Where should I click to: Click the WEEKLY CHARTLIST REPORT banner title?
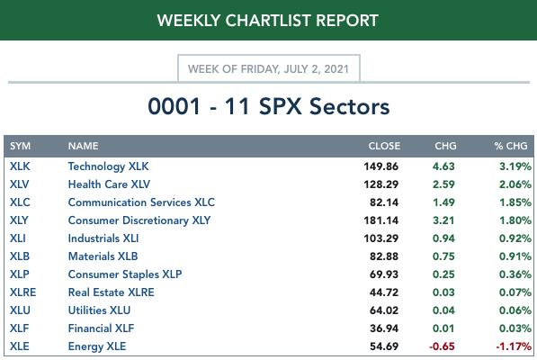(x=267, y=21)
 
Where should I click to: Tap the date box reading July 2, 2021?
(x=268, y=68)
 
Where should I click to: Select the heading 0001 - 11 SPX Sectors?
(x=268, y=106)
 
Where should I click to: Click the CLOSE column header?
(x=384, y=146)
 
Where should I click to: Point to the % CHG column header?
(x=511, y=146)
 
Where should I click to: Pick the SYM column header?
(x=20, y=146)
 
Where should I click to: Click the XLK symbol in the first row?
(x=20, y=166)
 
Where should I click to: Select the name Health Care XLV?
(x=109, y=184)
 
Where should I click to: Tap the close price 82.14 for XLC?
(x=384, y=202)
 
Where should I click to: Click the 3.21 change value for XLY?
(x=443, y=220)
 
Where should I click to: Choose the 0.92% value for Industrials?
(x=515, y=238)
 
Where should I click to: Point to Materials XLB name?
(x=103, y=256)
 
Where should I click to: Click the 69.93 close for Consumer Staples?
(x=384, y=274)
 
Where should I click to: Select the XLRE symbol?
(x=23, y=292)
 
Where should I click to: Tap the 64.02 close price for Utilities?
(x=384, y=310)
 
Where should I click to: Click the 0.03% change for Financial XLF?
(x=515, y=328)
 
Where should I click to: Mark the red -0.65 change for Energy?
(x=442, y=346)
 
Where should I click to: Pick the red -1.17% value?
(x=514, y=346)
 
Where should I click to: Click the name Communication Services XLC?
(x=141, y=202)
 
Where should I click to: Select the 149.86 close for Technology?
(x=380, y=166)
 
